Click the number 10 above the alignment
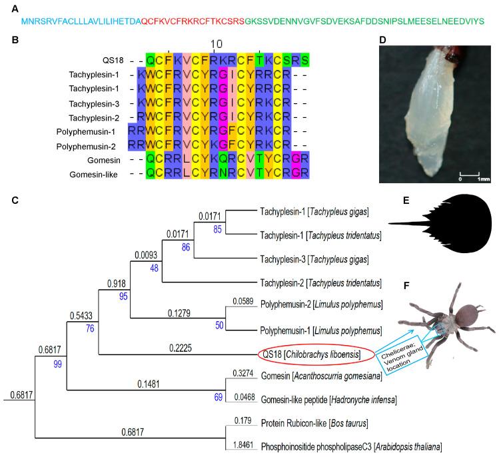pyautogui.click(x=217, y=43)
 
